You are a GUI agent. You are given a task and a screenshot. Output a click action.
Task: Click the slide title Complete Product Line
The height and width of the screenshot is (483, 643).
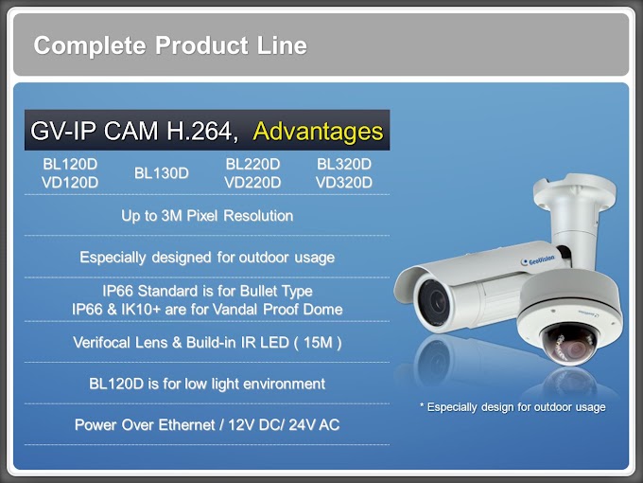(x=170, y=45)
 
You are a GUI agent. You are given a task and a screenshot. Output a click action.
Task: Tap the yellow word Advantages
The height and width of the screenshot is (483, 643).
(x=319, y=132)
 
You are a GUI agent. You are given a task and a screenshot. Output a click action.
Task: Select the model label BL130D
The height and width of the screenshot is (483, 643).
(x=161, y=173)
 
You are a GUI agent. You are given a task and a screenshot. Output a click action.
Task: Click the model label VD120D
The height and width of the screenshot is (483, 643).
(x=70, y=183)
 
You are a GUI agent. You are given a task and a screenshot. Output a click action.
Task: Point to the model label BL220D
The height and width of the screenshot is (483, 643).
(x=252, y=164)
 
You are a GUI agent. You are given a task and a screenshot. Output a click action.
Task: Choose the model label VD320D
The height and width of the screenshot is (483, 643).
(x=344, y=183)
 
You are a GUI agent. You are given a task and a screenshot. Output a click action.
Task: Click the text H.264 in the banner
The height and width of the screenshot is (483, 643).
(x=201, y=132)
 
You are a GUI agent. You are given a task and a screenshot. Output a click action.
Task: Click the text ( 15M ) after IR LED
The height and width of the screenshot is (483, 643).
(x=318, y=343)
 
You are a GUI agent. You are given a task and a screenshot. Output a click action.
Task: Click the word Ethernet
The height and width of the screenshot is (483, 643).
(x=186, y=424)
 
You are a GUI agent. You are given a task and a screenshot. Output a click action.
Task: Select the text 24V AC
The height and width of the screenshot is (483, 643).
(x=314, y=424)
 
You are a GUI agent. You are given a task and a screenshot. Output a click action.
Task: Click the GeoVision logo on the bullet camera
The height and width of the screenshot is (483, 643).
(x=538, y=260)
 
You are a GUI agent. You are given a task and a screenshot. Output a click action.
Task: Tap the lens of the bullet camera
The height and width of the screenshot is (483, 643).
(x=433, y=301)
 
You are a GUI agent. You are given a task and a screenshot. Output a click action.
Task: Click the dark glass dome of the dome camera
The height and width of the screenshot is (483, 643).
(x=569, y=344)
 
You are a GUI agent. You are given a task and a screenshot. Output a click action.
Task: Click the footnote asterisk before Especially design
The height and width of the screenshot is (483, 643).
(x=422, y=405)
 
